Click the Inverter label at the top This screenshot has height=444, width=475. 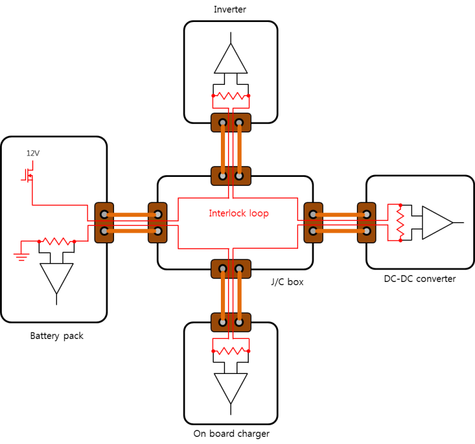pos(230,9)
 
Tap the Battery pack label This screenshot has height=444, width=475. pos(57,336)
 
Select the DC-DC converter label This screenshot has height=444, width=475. pos(420,278)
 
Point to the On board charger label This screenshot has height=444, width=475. pos(232,433)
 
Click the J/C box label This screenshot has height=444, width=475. pos(287,282)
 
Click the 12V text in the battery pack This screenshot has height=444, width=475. pos(33,153)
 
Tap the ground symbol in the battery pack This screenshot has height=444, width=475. pos(22,256)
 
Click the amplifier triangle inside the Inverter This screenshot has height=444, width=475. pos(230,58)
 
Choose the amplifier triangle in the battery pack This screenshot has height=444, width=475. pos(57,277)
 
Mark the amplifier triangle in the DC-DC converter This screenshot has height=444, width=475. pos(437,223)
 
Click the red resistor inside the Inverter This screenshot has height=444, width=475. pos(231,96)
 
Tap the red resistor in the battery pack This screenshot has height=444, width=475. pos(57,242)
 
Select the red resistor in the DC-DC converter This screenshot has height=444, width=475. pos(401,223)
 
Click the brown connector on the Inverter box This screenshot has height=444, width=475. pos(231,123)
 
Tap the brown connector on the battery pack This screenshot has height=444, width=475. pos(104,223)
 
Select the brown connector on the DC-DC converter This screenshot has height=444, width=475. pos(367,223)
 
